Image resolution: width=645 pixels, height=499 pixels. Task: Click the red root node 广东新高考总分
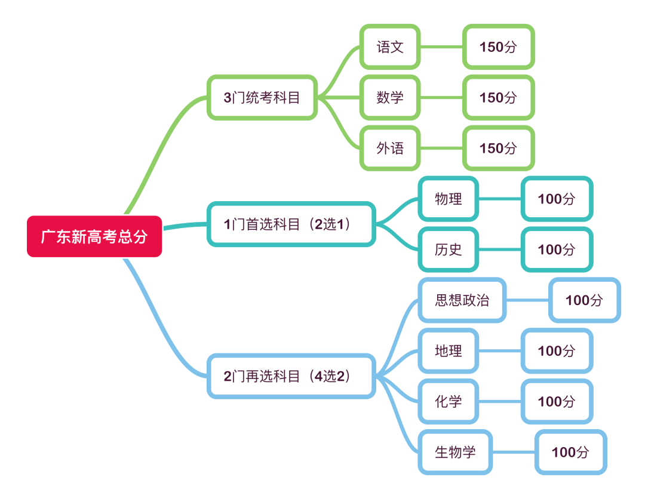tap(94, 236)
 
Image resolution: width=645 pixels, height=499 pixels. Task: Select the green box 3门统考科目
tap(262, 97)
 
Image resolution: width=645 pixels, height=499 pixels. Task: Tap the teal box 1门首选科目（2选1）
tap(291, 224)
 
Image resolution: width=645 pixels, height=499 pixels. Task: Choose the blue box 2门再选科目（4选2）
tap(291, 376)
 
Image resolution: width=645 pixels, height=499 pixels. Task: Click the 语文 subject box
tap(390, 47)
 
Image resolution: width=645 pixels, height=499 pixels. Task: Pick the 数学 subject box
tap(390, 97)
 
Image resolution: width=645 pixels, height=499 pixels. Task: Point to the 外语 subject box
tap(390, 148)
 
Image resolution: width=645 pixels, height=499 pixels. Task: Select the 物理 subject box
tap(448, 199)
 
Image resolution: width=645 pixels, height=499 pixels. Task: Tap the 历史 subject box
tap(448, 249)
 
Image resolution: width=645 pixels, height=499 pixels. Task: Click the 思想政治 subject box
tap(462, 300)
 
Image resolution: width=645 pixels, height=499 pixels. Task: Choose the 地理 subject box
tap(448, 351)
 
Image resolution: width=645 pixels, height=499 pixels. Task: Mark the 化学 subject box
tap(448, 402)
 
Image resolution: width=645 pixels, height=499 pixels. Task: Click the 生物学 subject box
tap(455, 452)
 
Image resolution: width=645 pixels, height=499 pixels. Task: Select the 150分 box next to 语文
tap(498, 47)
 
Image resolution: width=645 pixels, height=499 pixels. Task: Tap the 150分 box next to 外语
tap(498, 148)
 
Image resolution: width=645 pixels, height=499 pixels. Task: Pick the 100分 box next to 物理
tap(556, 199)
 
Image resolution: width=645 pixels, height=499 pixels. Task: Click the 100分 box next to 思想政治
tap(584, 300)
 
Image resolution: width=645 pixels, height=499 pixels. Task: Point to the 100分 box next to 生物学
tap(570, 452)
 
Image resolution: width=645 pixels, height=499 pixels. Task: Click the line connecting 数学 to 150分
tap(442, 97)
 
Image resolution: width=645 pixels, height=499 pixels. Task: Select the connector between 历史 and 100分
tap(500, 249)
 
